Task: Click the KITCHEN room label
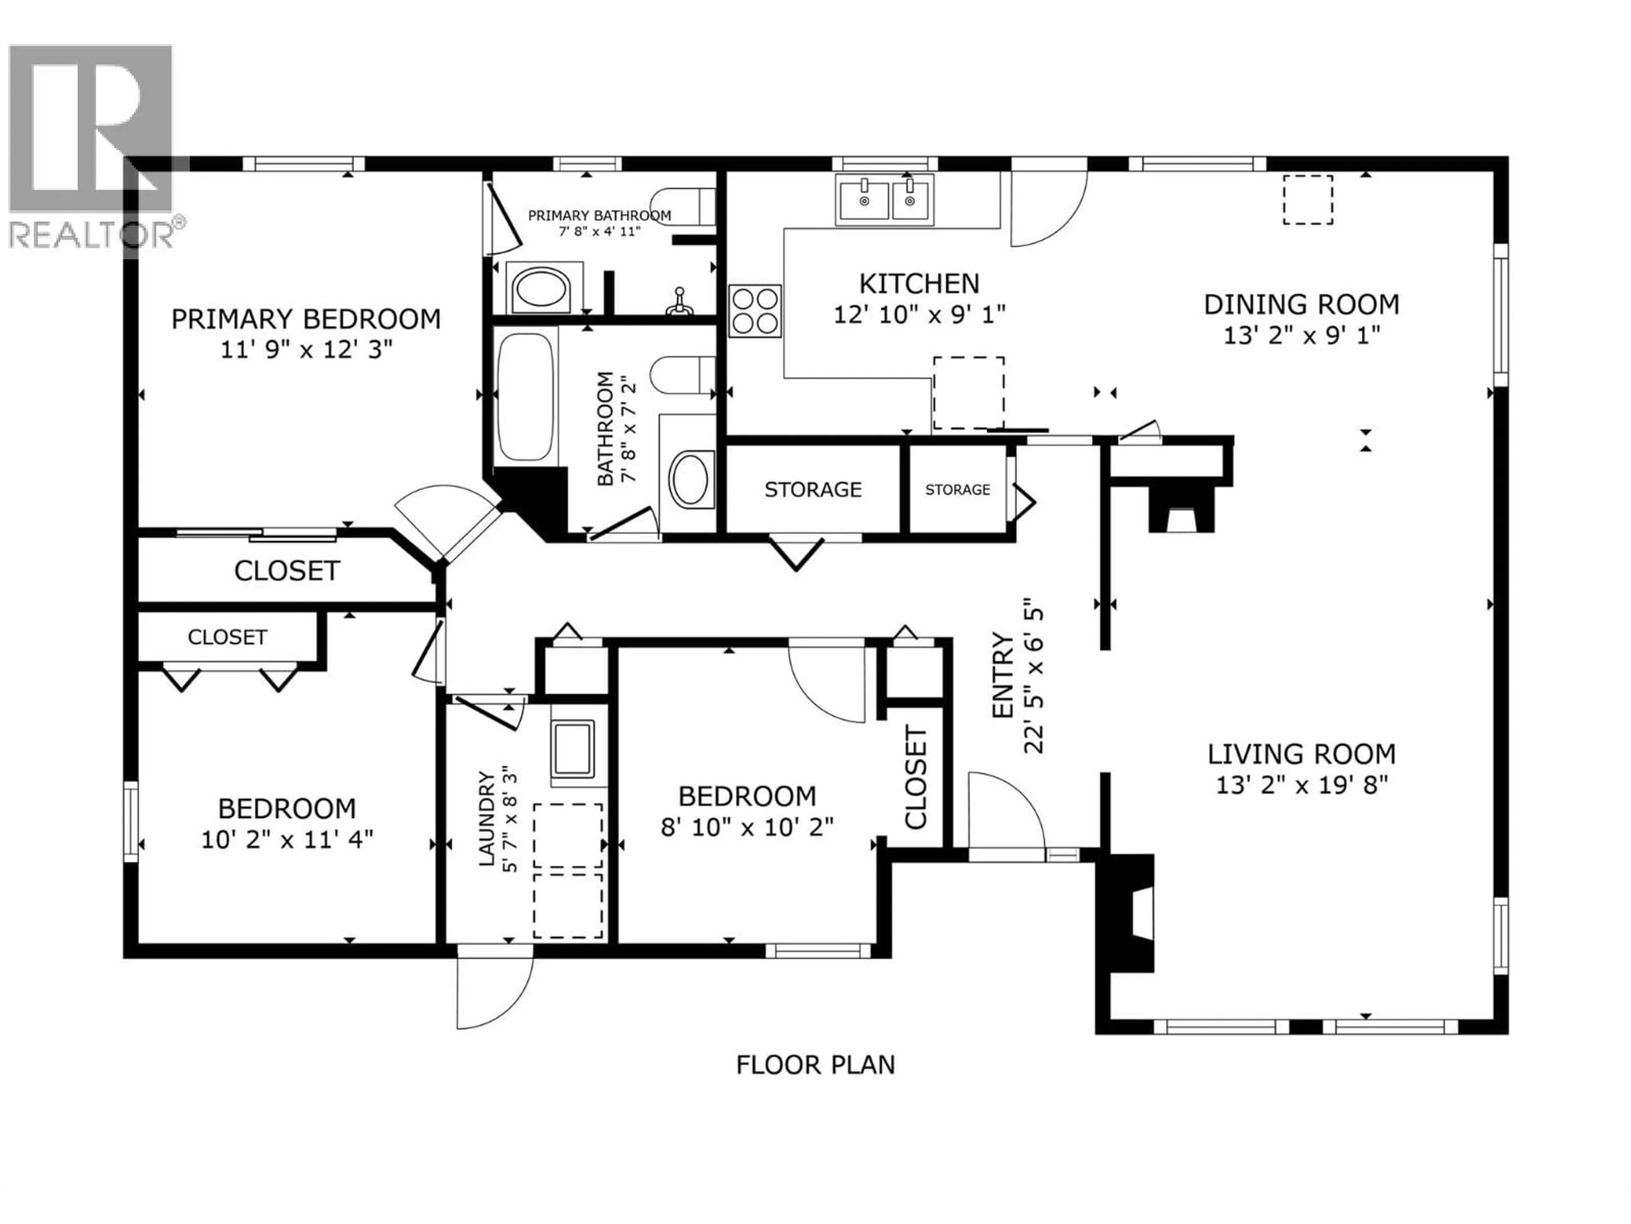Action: [919, 284]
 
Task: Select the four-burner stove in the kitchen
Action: [754, 311]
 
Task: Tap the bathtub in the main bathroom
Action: [525, 397]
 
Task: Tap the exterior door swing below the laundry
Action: [493, 992]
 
